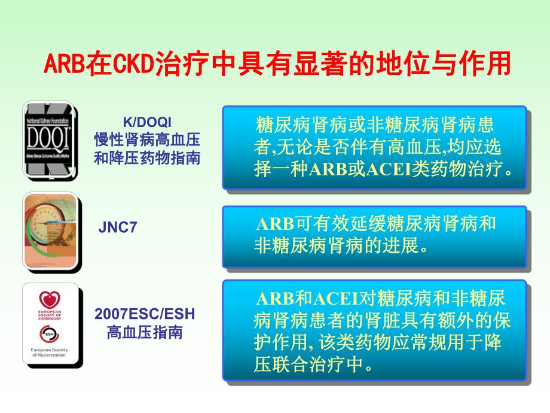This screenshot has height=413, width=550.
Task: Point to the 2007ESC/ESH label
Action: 145,315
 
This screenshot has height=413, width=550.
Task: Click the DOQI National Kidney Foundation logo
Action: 50,139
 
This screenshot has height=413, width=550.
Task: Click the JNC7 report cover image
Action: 50,230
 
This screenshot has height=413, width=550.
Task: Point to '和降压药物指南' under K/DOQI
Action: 147,158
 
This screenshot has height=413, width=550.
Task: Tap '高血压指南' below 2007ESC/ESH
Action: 145,332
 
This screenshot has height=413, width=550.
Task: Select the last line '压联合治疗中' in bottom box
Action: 313,365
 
